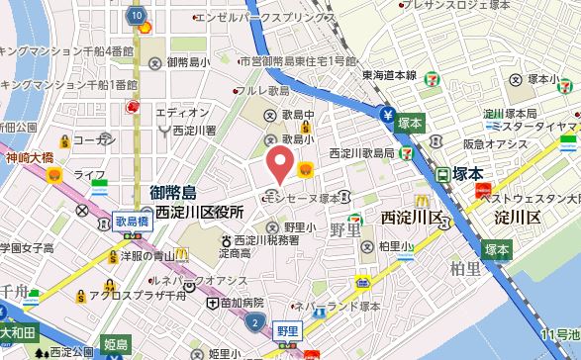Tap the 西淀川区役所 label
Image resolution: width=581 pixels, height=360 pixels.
199,212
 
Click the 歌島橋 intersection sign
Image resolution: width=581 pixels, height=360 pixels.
131,222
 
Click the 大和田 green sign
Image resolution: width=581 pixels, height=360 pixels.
18,332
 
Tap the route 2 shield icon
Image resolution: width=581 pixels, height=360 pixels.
257,324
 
